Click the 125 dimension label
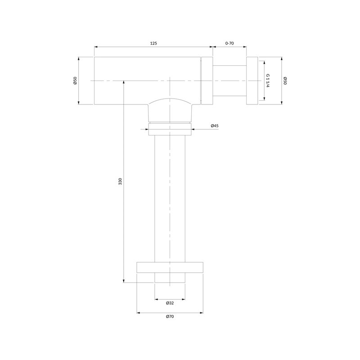pos(153,43)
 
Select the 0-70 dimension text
pos(229,43)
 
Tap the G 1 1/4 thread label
pos(268,81)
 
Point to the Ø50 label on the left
pos(75,81)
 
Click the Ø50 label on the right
pos(285,81)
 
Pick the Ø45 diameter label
pos(215,126)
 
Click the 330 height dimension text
pos(120,181)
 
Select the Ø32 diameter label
pos(170,303)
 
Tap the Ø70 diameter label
pos(170,316)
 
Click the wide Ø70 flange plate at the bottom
pos(170,267)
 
